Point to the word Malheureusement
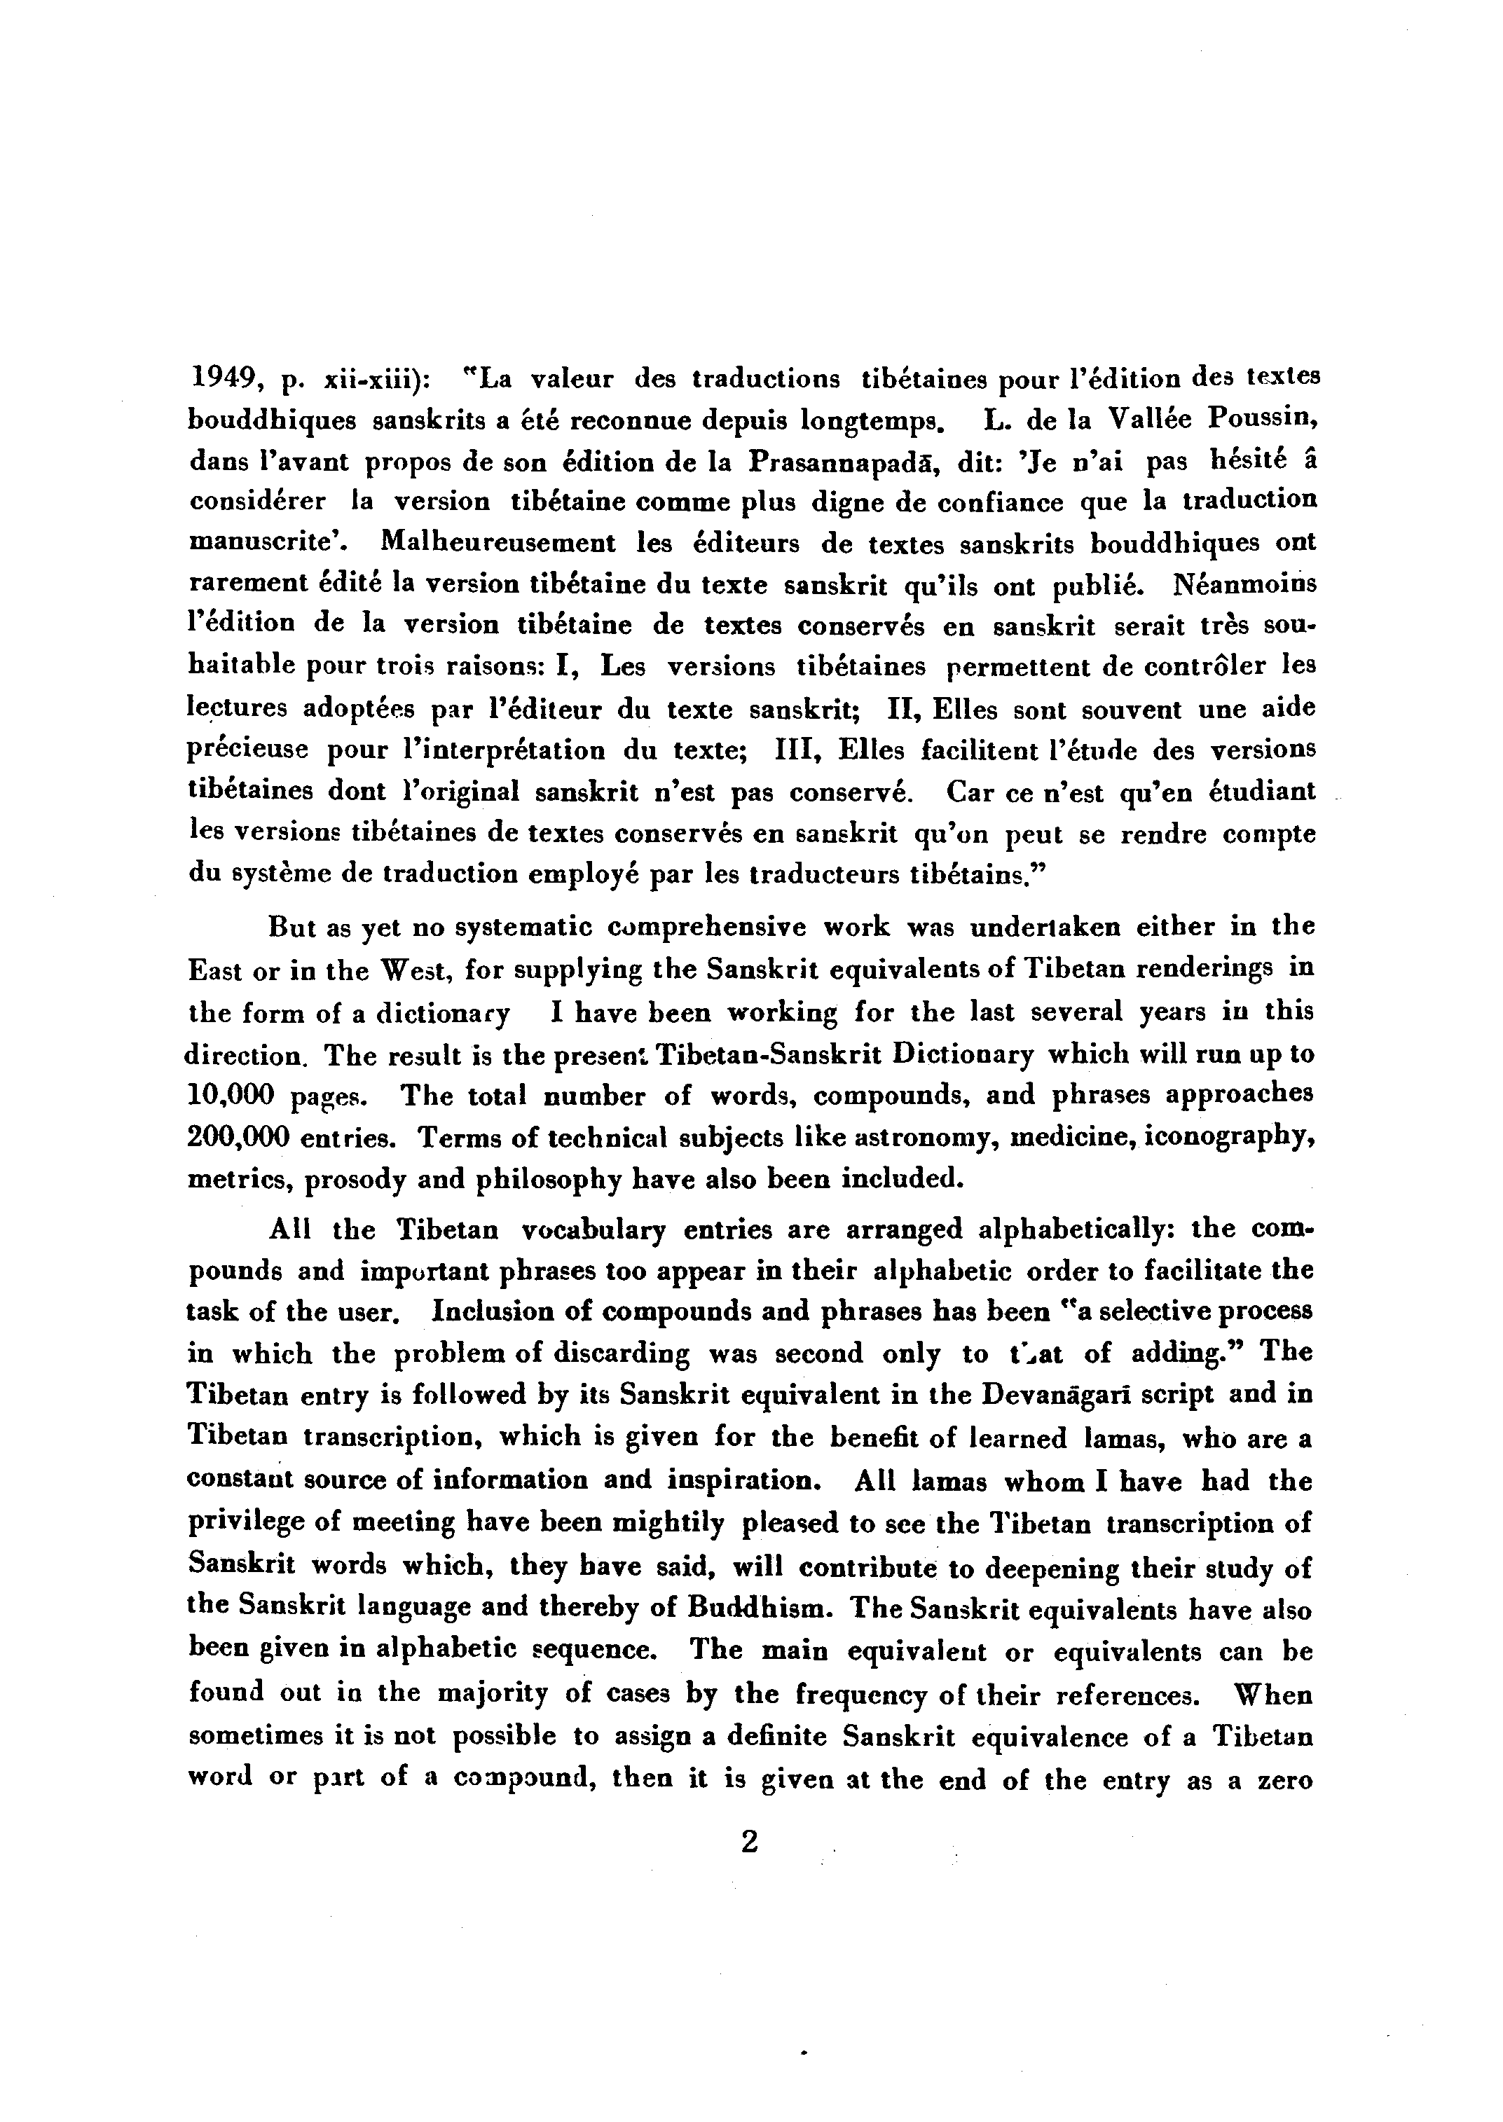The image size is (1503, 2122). pos(499,542)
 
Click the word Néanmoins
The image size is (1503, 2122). pos(1244,585)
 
